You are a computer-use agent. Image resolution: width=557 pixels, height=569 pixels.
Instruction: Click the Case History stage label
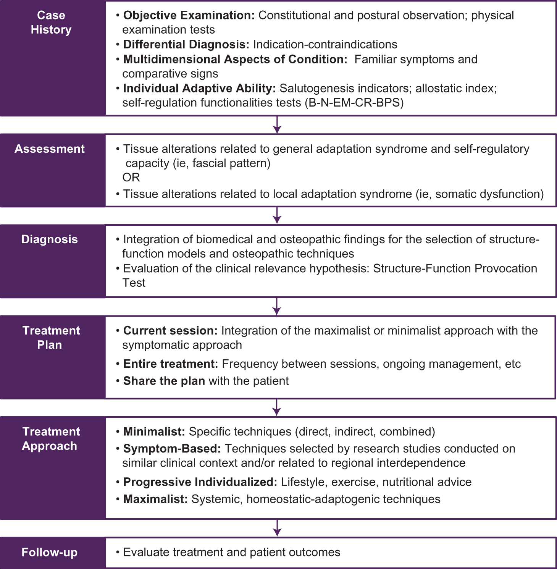pos(51,22)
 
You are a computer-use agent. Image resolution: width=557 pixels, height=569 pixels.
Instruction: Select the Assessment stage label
pos(50,149)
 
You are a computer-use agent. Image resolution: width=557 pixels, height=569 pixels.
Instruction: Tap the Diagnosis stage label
pos(50,239)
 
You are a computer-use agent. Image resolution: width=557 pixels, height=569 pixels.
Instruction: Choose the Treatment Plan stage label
pos(51,338)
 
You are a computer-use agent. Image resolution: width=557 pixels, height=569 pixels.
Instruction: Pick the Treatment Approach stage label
pos(51,439)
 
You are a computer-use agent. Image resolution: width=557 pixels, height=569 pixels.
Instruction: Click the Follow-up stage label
pos(50,552)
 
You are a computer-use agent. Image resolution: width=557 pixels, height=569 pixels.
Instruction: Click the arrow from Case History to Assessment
pos(277,125)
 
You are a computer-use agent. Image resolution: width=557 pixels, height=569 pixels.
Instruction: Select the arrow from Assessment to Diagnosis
pos(277,216)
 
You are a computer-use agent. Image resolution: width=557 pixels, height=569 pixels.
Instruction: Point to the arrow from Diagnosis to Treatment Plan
pos(277,306)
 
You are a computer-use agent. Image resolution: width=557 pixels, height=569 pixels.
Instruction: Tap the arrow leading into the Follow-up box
pos(277,528)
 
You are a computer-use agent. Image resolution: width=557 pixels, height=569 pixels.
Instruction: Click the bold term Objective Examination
pos(189,15)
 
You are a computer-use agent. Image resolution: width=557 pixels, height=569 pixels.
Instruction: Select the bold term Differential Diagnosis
pos(186,44)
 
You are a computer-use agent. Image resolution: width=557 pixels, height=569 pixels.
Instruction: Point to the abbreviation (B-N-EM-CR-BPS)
pos(354,103)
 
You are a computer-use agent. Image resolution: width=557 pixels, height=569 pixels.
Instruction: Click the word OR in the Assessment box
pos(131,177)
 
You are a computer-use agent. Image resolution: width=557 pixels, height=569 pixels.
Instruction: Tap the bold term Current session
pos(170,331)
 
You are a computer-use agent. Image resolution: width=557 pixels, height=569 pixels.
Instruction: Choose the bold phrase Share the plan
pos(164,381)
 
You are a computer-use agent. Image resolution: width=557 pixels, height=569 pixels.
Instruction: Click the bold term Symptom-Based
pos(172,448)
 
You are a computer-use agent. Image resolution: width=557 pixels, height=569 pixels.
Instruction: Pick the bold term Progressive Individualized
pos(200,482)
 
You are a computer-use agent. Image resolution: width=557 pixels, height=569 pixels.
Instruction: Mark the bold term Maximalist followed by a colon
pos(155,499)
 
